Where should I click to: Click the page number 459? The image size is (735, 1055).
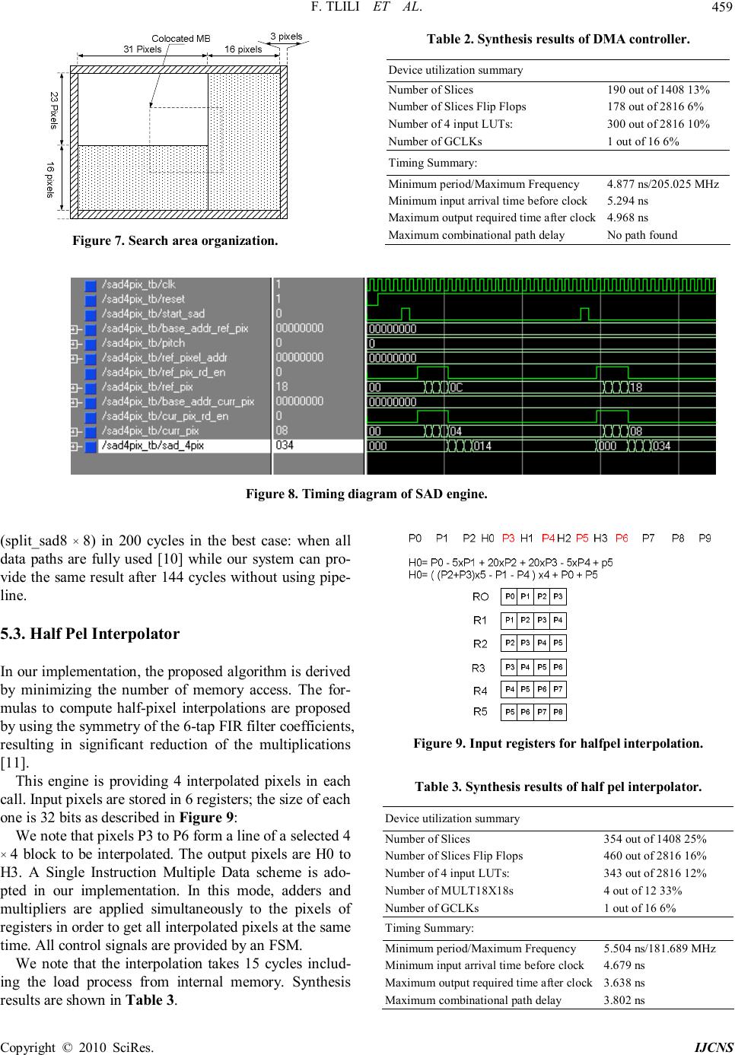[x=719, y=10]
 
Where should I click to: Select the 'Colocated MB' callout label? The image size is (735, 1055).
[x=181, y=38]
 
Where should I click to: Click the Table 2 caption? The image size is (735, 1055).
[x=558, y=39]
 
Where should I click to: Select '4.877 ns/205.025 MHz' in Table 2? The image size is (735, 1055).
[x=663, y=184]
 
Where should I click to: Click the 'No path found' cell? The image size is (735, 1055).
[x=641, y=234]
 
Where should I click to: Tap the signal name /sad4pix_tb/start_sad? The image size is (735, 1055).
[x=143, y=313]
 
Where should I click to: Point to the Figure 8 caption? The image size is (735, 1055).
[x=366, y=494]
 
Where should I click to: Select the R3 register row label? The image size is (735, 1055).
[x=479, y=668]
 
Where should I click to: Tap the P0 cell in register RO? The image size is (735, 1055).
[x=510, y=596]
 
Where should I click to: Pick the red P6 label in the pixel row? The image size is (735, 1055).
[x=622, y=539]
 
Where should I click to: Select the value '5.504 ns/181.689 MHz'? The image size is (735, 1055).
[x=659, y=949]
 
